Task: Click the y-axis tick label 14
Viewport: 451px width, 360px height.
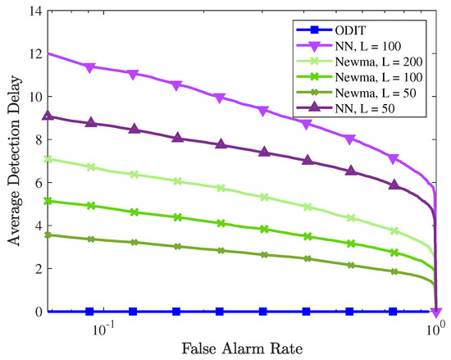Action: (34, 10)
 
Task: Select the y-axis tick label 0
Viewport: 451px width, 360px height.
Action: (38, 312)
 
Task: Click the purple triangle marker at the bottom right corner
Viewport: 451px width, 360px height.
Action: (436, 312)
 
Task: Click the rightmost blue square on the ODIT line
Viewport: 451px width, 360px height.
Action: (393, 312)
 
